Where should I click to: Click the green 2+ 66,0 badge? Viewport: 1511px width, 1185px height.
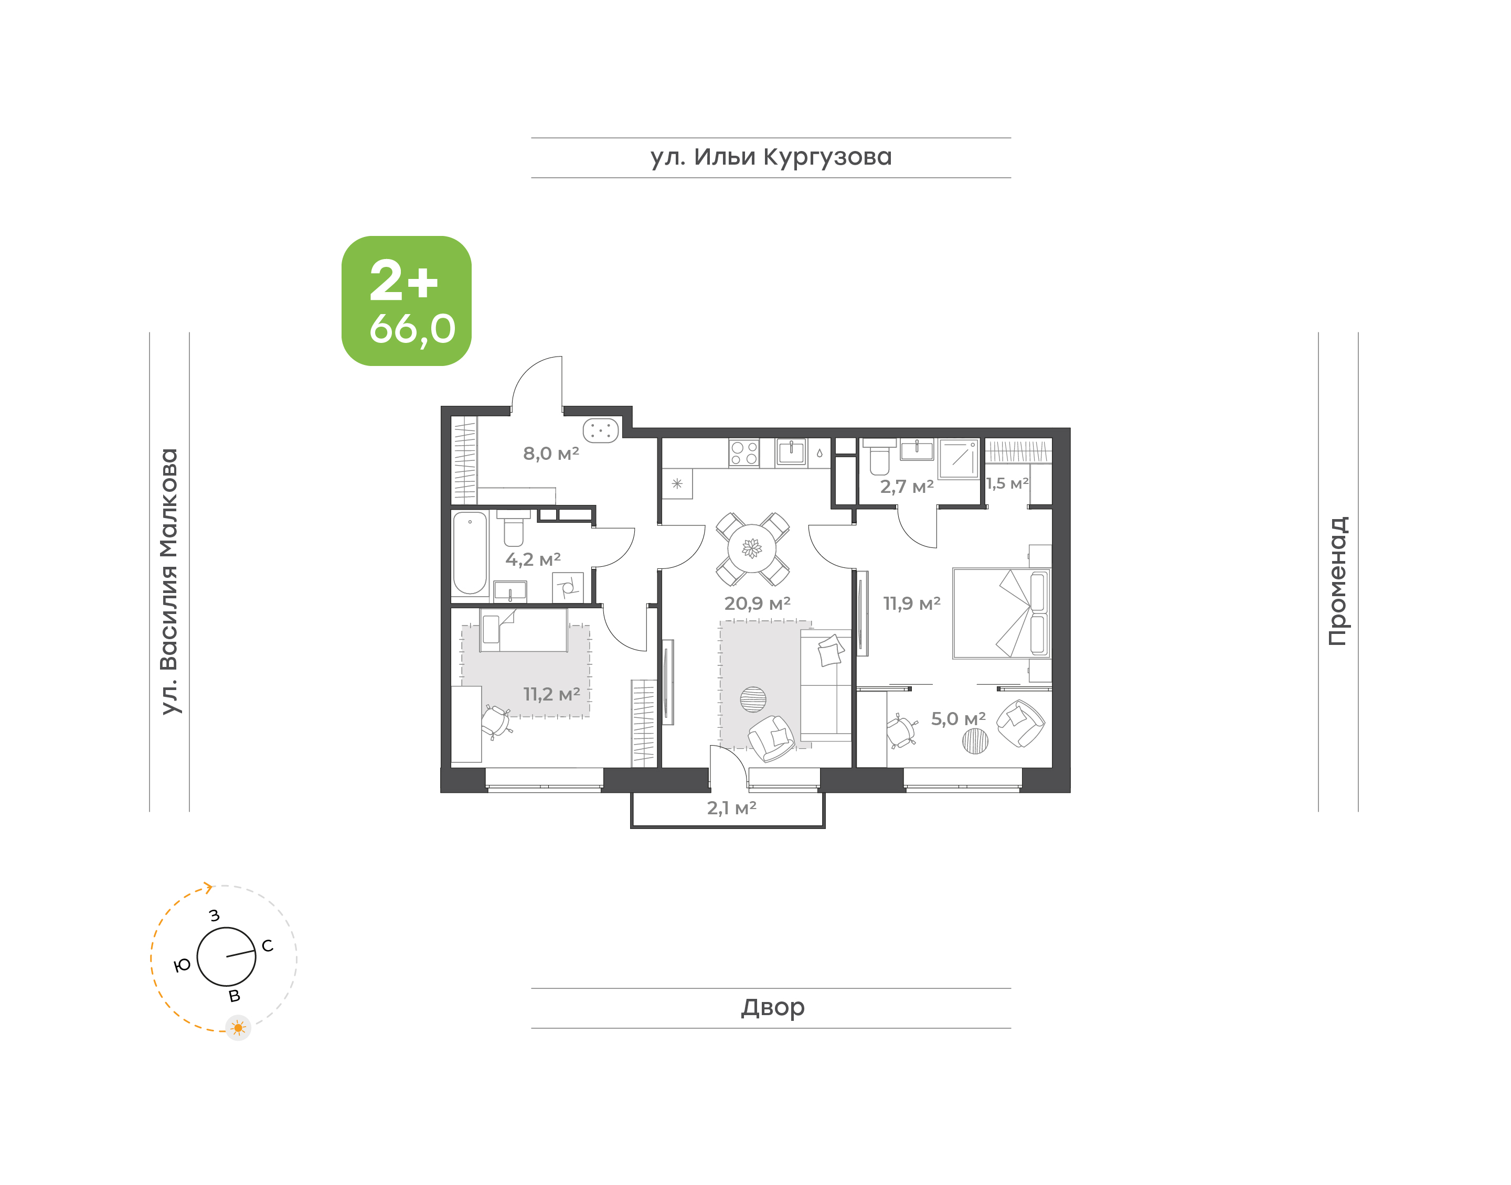point(406,300)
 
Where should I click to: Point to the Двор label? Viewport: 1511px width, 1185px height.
point(772,1007)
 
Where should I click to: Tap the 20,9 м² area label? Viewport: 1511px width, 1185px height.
point(757,603)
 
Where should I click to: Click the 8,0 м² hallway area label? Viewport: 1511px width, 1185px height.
point(551,453)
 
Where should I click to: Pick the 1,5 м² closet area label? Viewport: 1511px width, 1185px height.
point(1007,483)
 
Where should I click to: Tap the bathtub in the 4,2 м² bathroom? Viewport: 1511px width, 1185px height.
point(470,554)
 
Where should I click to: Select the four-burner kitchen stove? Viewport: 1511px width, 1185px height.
point(743,453)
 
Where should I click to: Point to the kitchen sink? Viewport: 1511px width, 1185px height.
point(791,453)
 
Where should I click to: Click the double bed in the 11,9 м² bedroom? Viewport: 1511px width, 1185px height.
point(1002,613)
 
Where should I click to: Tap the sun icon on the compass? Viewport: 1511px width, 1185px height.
point(238,1028)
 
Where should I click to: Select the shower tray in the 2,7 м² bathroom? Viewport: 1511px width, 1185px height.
point(959,459)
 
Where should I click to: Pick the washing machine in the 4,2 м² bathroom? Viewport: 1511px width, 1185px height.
point(568,588)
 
